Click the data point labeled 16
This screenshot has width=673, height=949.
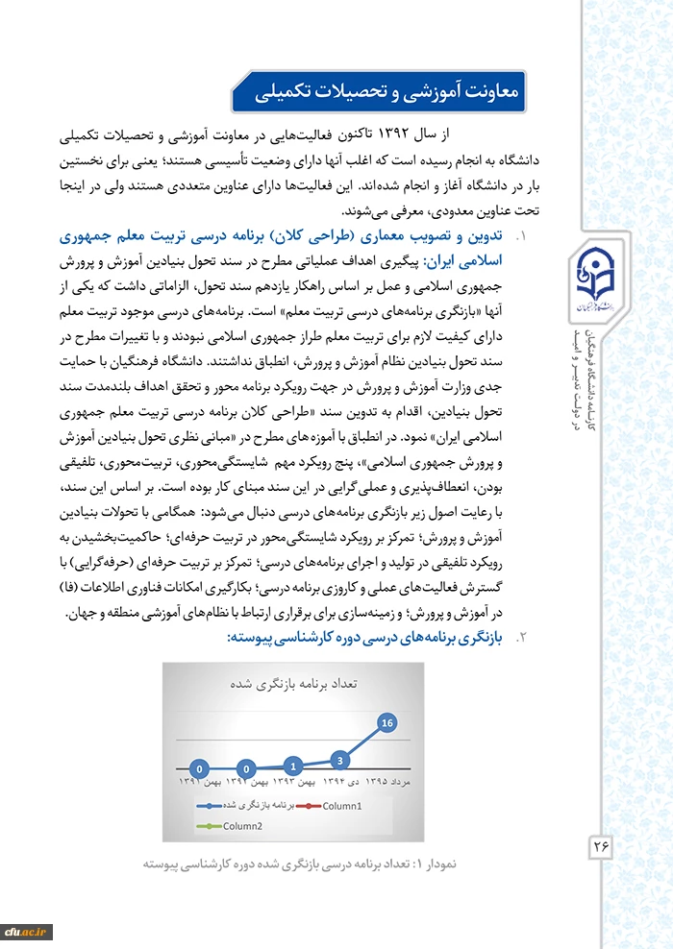[387, 721]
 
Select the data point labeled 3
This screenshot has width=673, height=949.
[340, 760]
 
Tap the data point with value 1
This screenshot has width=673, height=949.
[293, 766]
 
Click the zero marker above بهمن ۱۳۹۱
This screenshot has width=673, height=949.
[199, 768]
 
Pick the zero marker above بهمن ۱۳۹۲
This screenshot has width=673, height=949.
[247, 768]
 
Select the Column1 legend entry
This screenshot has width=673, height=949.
[336, 805]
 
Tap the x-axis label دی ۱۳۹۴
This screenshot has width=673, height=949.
[340, 783]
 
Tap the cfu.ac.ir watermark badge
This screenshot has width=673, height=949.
[26, 931]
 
